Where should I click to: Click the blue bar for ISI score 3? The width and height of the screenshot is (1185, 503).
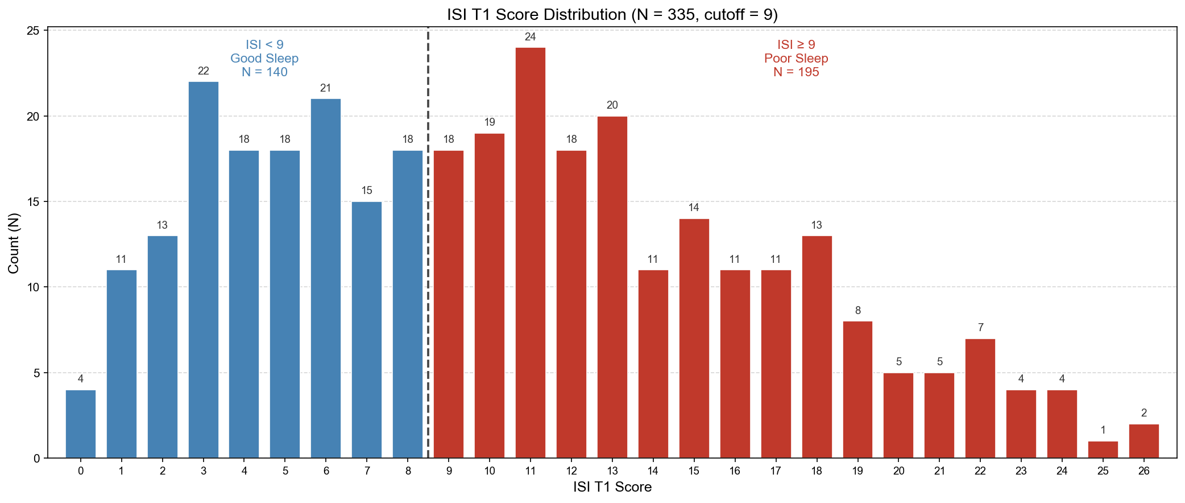(203, 270)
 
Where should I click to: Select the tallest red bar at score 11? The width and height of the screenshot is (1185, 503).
(530, 253)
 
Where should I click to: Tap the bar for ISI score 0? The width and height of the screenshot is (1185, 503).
(81, 424)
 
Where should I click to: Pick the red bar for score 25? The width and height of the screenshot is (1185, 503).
(1103, 450)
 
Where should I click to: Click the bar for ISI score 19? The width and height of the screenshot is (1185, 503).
(857, 390)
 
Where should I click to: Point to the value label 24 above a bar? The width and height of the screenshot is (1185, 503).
(530, 37)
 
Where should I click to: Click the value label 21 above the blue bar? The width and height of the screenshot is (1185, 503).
(325, 88)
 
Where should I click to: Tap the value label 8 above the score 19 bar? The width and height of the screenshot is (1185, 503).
(857, 311)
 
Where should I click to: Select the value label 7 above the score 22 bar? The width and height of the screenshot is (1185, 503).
(980, 328)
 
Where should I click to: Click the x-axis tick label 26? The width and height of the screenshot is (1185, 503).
(1143, 471)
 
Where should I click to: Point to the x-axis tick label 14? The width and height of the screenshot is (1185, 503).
(653, 471)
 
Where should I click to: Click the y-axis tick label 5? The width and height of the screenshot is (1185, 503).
(36, 373)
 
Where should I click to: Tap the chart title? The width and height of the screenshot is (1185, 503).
(612, 14)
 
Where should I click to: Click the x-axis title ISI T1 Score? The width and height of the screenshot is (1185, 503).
(612, 487)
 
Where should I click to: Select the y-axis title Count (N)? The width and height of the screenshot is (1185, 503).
(14, 243)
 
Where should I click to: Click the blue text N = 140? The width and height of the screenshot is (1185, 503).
(264, 72)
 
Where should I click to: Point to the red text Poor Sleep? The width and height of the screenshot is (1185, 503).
(795, 59)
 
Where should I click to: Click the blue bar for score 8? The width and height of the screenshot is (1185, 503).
(408, 304)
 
